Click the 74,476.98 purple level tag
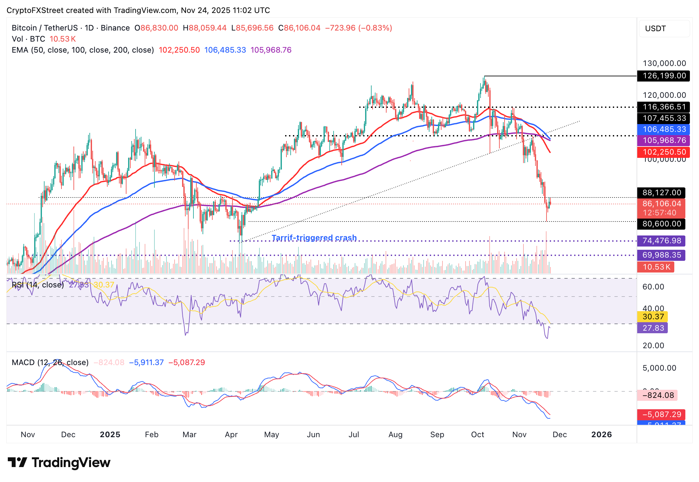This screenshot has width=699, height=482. (661, 241)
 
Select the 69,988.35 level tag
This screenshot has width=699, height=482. (661, 255)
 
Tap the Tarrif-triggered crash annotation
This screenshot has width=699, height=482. (314, 238)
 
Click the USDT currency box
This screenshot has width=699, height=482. (664, 29)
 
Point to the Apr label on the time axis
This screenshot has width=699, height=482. (231, 435)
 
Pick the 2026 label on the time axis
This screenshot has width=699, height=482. (601, 435)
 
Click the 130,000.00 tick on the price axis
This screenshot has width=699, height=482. (664, 63)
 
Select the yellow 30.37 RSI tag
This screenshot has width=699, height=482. (653, 317)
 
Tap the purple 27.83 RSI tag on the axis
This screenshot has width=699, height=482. (653, 328)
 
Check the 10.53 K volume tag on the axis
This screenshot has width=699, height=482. (656, 267)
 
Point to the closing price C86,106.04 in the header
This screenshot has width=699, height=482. (299, 28)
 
